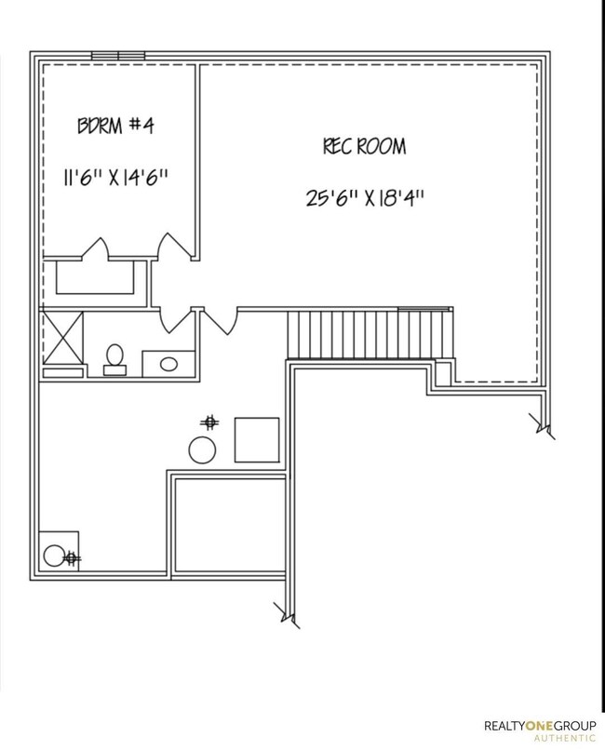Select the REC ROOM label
364,147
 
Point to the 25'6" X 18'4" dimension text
364,196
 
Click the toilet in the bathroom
115,358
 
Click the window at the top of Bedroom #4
117,55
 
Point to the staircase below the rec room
370,333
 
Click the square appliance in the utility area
256,439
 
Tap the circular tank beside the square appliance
203,450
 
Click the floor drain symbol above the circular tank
211,422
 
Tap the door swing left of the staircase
220,322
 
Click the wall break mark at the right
543,426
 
